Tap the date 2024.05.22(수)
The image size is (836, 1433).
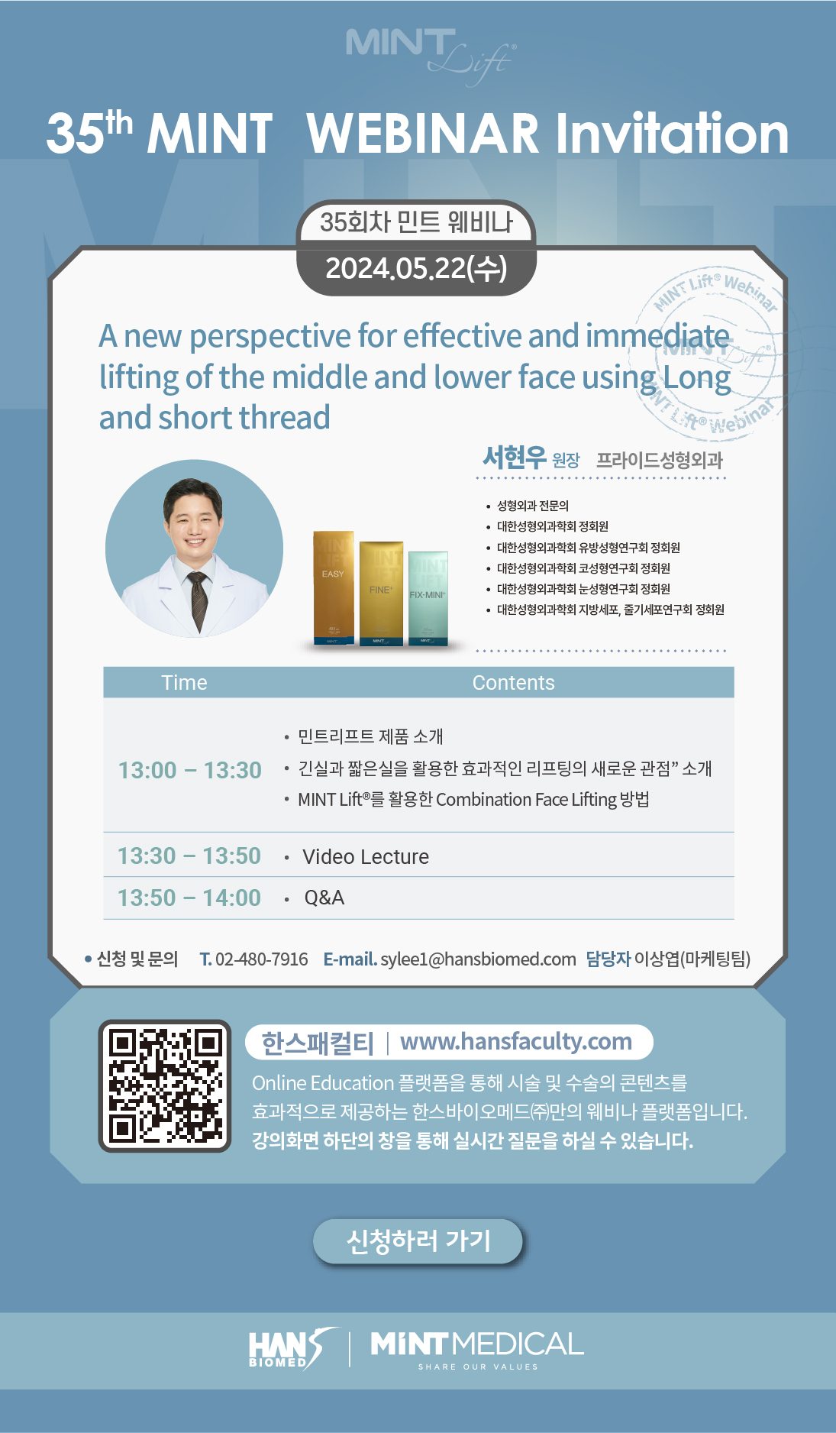point(416,268)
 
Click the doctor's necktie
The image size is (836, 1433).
point(199,600)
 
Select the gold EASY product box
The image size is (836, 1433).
point(334,587)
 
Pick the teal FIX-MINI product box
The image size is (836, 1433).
point(428,598)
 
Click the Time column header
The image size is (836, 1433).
point(184,683)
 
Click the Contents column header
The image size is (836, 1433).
point(513,683)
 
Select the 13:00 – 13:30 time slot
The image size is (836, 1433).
point(189,770)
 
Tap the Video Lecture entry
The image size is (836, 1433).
point(366,857)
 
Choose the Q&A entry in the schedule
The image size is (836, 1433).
point(324,898)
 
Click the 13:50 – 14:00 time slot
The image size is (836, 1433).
point(189,898)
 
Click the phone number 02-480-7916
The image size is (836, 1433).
point(262,959)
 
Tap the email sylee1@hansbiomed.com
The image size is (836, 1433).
point(478,959)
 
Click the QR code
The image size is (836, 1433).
point(165,1085)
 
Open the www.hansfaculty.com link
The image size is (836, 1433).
point(516,1042)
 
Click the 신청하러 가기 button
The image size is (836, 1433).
point(418,1241)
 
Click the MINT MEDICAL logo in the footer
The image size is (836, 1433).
point(477,1350)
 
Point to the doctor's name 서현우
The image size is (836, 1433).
point(515,457)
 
